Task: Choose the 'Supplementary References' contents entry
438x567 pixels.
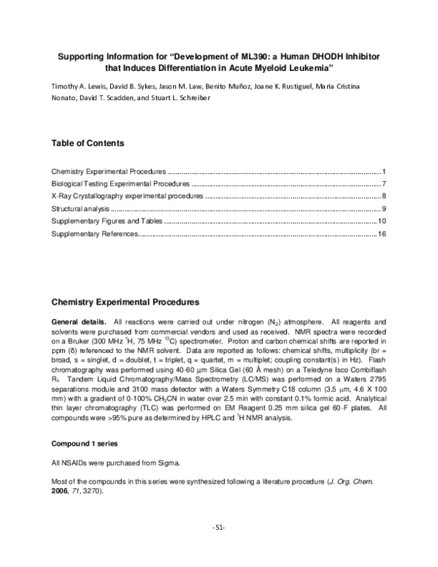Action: point(94,233)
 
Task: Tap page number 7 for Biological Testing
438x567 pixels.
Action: point(383,183)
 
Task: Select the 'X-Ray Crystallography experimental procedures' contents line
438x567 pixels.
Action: point(127,196)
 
